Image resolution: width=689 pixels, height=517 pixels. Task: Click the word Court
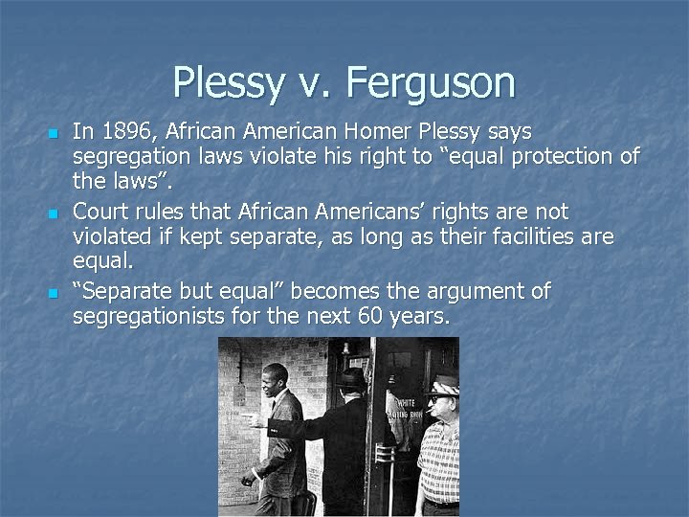[x=101, y=211]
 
